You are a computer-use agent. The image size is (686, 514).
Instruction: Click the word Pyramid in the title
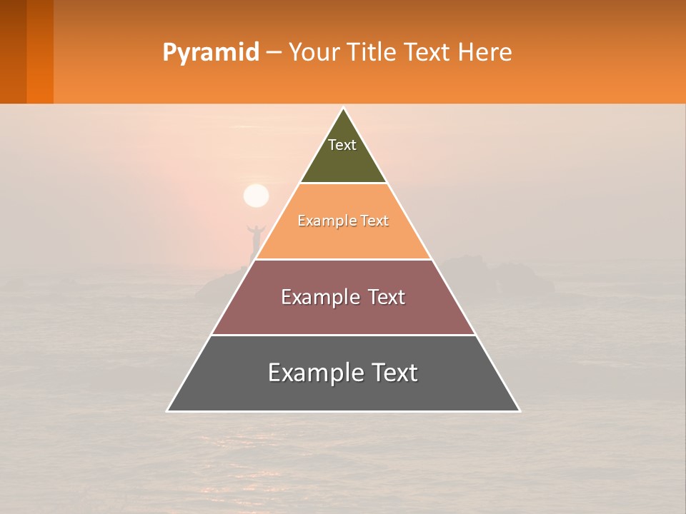(210, 53)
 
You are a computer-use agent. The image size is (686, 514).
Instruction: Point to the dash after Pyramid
(273, 54)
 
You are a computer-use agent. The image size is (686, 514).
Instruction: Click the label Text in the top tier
(342, 145)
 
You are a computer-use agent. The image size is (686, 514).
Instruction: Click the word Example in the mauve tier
(317, 297)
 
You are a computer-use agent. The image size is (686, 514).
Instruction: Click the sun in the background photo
(256, 196)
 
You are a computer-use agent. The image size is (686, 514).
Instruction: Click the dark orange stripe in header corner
(40, 51)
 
